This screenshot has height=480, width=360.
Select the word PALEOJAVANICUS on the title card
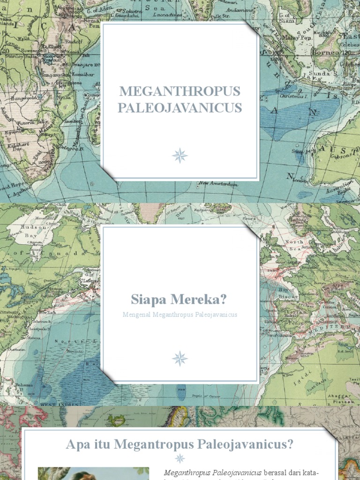[180, 108]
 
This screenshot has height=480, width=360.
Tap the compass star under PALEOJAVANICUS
[180, 155]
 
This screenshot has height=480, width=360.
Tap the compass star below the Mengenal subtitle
[180, 359]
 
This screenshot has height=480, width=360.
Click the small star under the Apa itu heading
[180, 459]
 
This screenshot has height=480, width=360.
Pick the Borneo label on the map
[339, 52]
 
